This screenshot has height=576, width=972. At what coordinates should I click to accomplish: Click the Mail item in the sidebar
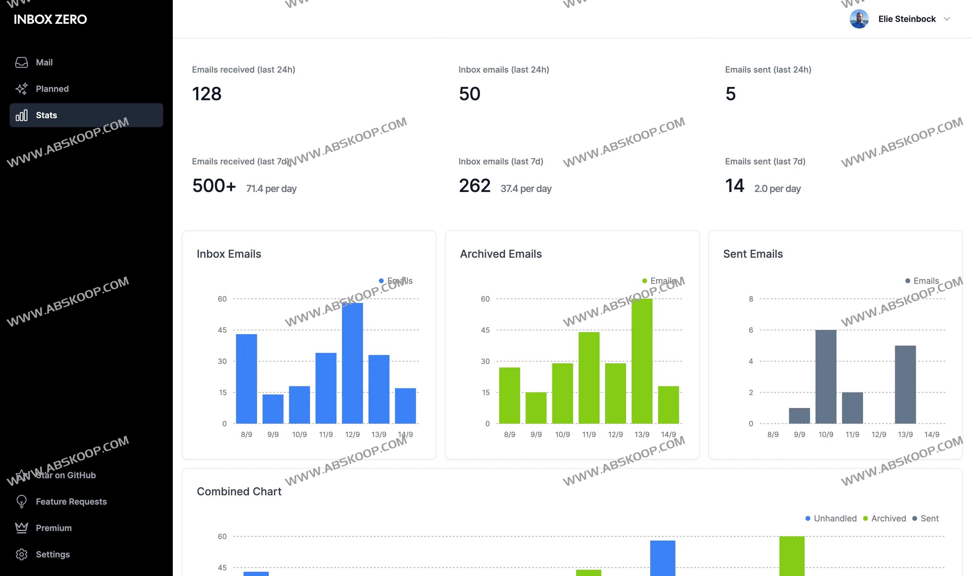click(x=44, y=62)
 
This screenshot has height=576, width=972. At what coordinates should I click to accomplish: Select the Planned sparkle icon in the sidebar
click(x=21, y=89)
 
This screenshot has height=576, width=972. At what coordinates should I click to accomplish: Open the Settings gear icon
click(x=21, y=554)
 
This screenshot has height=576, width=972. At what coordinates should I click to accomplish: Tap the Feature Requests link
click(x=71, y=502)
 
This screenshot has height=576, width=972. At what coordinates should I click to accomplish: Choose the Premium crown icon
click(x=21, y=528)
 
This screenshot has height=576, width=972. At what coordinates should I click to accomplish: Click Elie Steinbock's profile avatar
click(x=859, y=19)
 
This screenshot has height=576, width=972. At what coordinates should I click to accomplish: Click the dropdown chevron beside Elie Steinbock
click(x=946, y=19)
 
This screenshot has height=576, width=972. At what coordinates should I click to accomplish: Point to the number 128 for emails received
click(x=206, y=94)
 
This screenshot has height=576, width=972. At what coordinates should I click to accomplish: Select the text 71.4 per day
click(x=271, y=189)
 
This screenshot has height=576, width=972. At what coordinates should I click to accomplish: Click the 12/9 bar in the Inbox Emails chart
click(x=352, y=363)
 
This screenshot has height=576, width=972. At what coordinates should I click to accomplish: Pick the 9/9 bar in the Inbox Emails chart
click(x=273, y=409)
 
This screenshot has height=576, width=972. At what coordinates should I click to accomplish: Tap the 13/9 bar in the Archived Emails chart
click(x=641, y=361)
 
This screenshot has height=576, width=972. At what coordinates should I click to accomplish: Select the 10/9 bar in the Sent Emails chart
click(x=825, y=376)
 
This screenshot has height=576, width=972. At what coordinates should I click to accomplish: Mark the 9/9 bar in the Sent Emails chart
click(x=799, y=416)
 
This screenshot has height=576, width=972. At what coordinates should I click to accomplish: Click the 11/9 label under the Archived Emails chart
click(x=589, y=434)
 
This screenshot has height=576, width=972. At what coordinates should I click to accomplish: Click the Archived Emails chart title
click(x=501, y=254)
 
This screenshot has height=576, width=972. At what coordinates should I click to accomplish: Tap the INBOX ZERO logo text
click(x=50, y=19)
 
